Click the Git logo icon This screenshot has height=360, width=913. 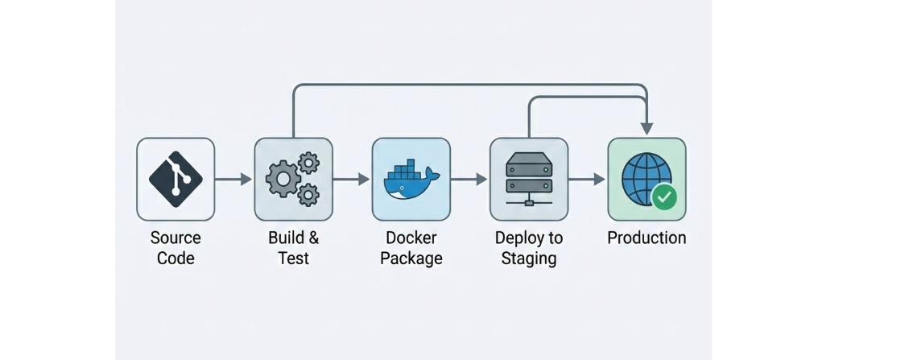click(176, 179)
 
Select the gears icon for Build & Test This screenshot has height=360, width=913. click(293, 179)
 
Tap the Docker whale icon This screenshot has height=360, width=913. click(411, 180)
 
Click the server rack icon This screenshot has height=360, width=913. click(529, 179)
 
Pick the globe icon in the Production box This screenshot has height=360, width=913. click(644, 177)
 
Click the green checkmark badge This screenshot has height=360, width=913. click(664, 197)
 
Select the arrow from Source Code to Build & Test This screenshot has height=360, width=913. click(234, 179)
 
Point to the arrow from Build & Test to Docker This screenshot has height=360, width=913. click(352, 179)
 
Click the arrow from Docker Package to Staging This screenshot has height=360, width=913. click(470, 179)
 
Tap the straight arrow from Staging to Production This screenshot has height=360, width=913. click(588, 179)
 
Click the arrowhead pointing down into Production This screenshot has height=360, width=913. click(647, 129)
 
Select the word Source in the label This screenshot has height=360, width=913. click(176, 238)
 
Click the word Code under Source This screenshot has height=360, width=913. click(176, 259)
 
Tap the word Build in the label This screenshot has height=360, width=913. click(285, 238)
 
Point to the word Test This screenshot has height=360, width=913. click(293, 259)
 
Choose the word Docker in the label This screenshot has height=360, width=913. click(411, 238)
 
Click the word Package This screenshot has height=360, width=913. click(411, 259)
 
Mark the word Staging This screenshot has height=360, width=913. click(529, 259)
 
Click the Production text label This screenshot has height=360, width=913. click(647, 238)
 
